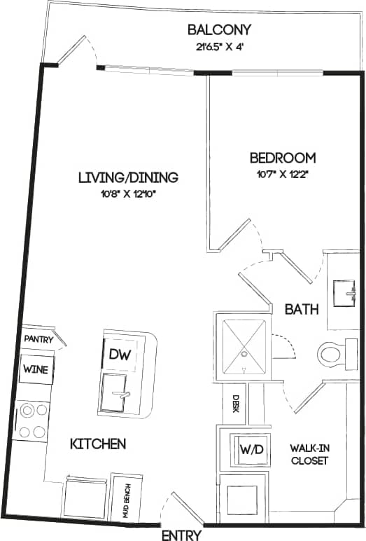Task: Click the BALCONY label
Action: [219, 30]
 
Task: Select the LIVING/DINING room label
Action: [128, 177]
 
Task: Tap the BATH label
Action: [302, 308]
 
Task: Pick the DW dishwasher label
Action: [116, 355]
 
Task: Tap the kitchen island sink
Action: [118, 395]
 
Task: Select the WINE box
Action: [35, 369]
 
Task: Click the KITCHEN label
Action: [98, 444]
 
